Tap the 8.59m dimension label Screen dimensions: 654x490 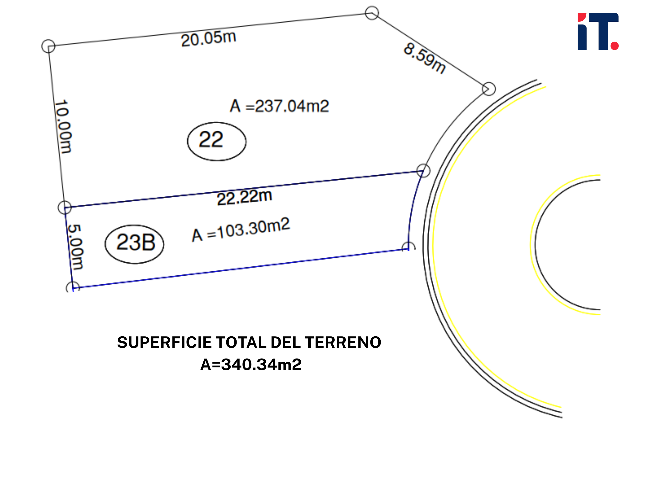click(x=425, y=58)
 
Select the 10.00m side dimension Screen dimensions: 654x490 click(x=63, y=126)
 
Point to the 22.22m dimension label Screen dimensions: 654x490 click(x=244, y=197)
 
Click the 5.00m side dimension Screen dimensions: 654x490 click(x=75, y=247)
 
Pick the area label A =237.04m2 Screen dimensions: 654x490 click(x=279, y=106)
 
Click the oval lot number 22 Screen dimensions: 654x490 click(x=217, y=141)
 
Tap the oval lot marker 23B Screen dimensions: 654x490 click(x=135, y=244)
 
